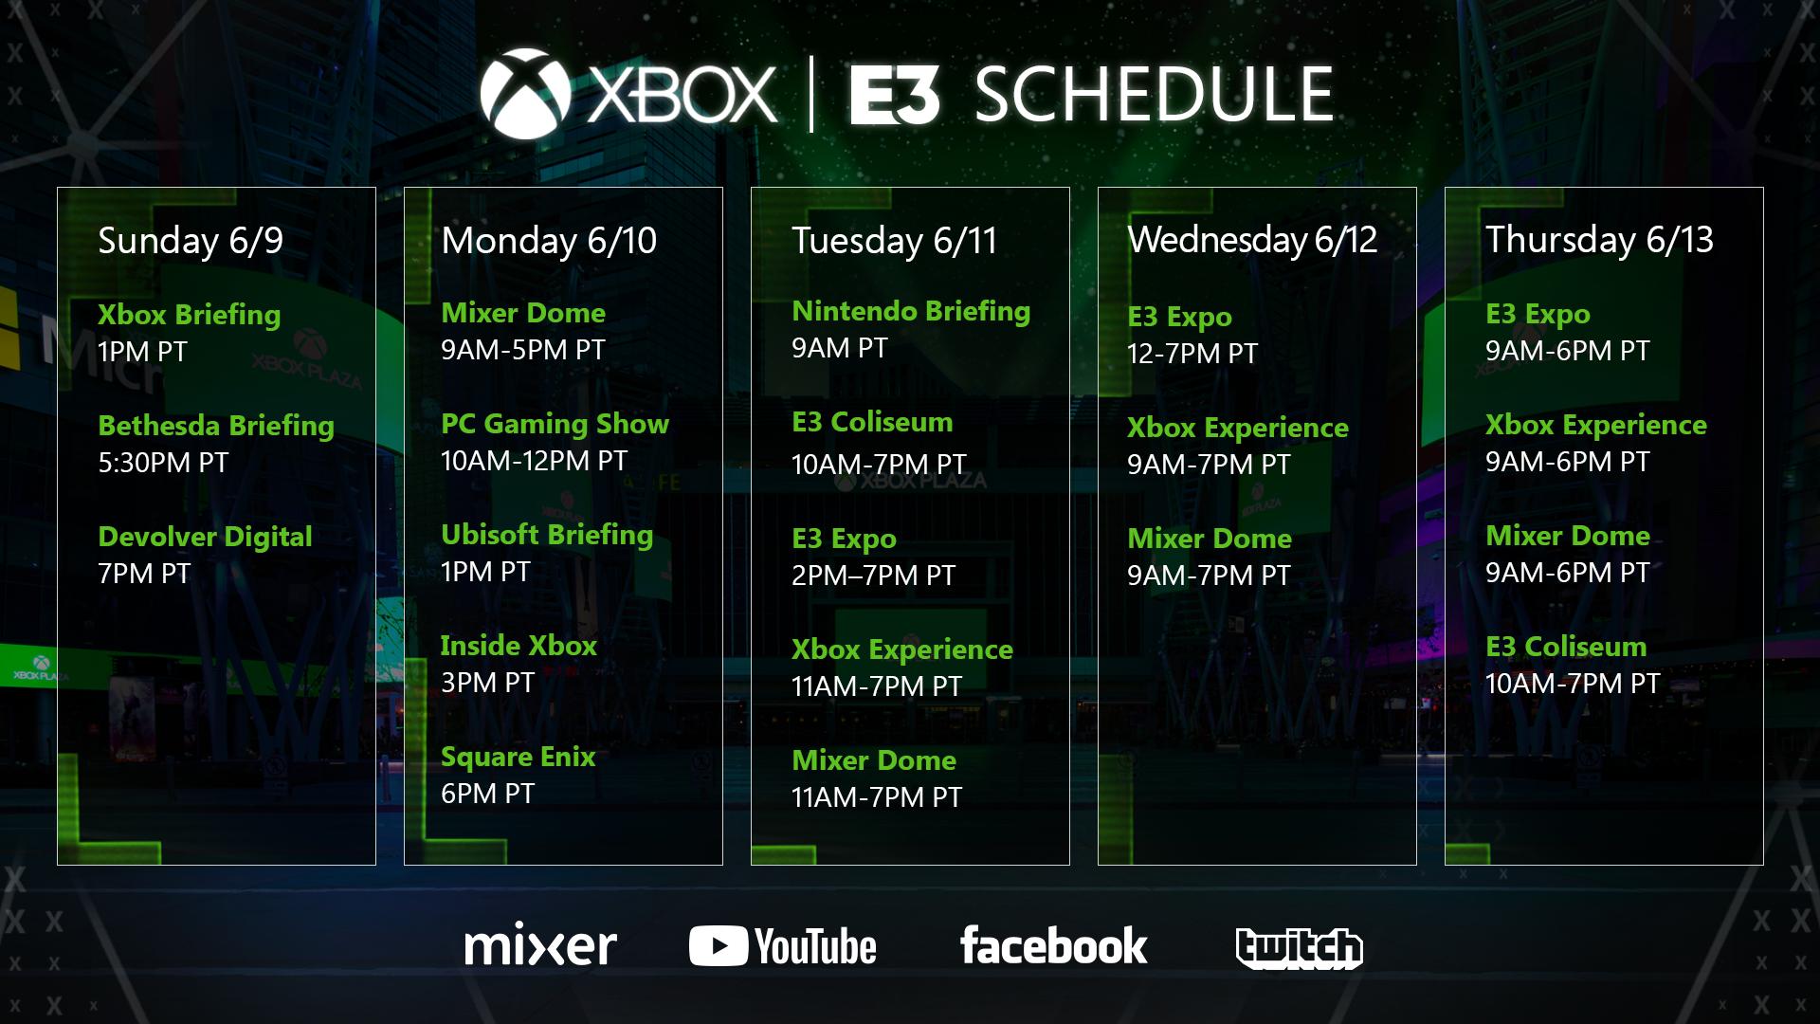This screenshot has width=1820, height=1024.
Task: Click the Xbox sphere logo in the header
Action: [525, 94]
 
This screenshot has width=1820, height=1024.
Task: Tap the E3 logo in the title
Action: [894, 96]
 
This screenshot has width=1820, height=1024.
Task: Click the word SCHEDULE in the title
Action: [1154, 95]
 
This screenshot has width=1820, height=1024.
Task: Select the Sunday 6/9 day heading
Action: [191, 241]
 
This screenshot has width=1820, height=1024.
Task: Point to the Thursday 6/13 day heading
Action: [1599, 240]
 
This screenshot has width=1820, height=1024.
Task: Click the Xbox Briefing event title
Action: [189, 315]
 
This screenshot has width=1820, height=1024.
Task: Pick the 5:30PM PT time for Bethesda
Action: [163, 463]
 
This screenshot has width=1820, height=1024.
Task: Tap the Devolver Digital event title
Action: [205, 537]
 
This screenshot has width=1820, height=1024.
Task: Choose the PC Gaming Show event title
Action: [555, 424]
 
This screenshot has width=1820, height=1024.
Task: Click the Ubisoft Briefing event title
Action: [547, 535]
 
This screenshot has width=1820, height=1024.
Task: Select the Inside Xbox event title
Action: [519, 646]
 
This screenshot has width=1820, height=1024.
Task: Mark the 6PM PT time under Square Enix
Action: [487, 794]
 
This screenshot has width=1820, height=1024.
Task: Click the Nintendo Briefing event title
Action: [911, 311]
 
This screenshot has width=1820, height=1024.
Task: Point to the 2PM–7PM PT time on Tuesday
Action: [873, 576]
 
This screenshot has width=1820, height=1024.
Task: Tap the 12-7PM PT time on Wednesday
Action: [1192, 354]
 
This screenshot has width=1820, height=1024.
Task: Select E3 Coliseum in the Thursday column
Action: [1566, 647]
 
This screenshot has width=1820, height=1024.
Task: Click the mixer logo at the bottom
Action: [540, 945]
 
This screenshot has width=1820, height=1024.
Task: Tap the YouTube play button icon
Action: [718, 946]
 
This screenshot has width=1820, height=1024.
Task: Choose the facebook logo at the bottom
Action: [1053, 945]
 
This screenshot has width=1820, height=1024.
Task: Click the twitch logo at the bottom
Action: [1299, 947]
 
